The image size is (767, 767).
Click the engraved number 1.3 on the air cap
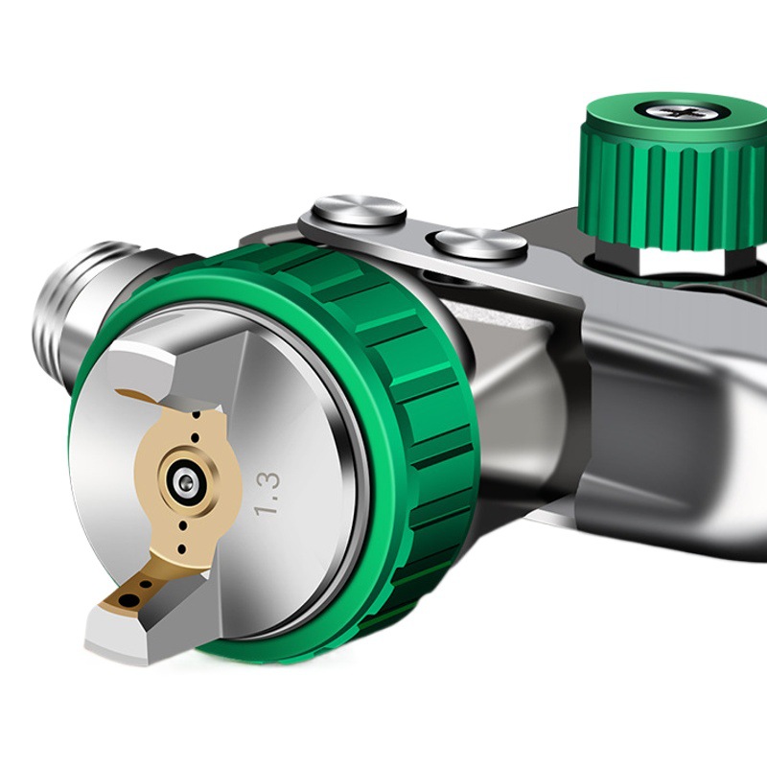[x=268, y=494]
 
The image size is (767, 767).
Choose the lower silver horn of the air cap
[x=147, y=621]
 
